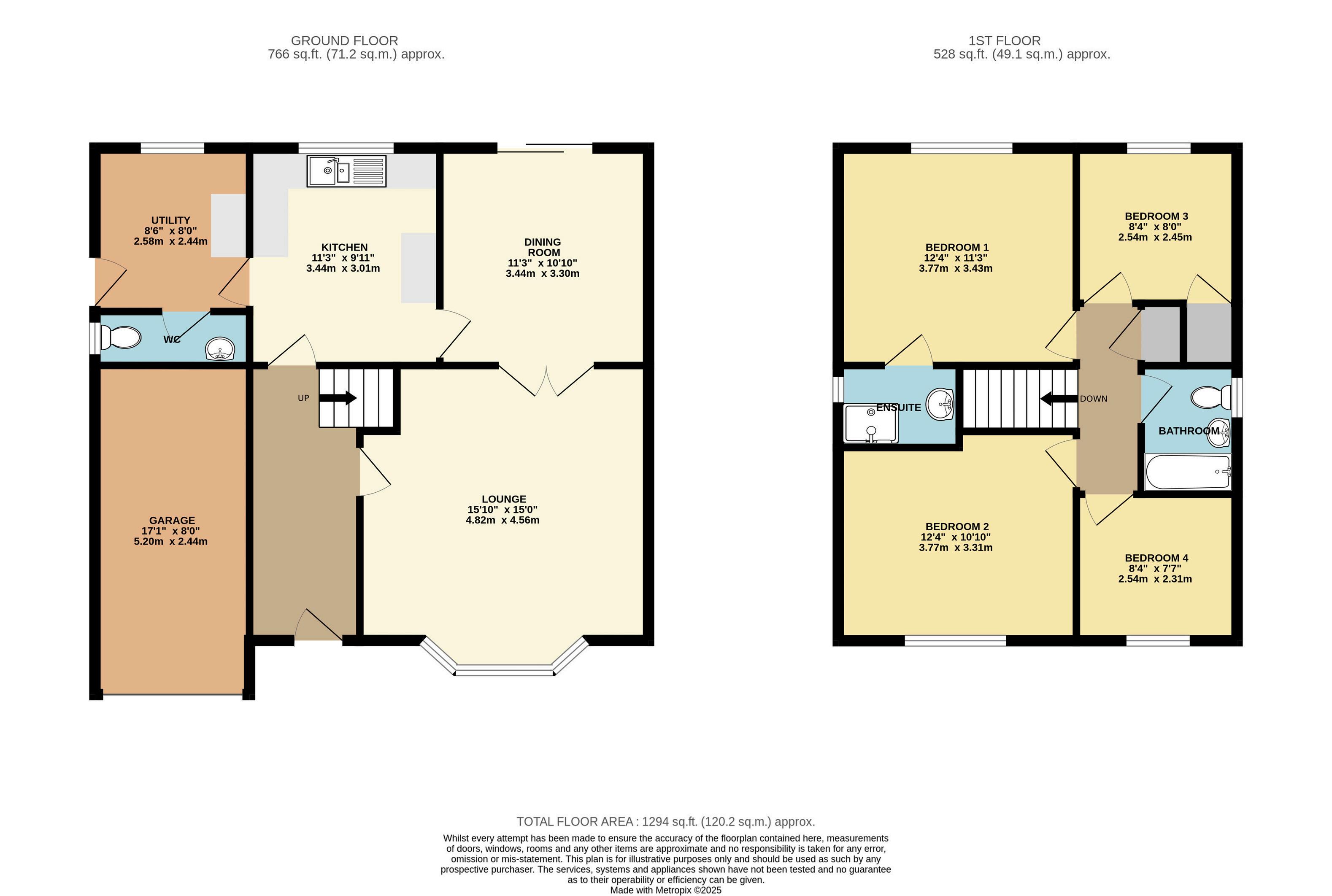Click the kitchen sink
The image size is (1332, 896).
[347, 171]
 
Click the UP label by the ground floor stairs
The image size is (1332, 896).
[303, 398]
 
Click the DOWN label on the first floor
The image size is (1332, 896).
[1094, 399]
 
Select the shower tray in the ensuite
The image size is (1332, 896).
[871, 424]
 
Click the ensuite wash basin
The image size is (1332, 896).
[940, 404]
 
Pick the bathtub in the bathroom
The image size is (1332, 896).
[1188, 472]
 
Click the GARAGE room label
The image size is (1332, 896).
[172, 521]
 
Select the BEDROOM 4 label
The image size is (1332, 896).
[1156, 558]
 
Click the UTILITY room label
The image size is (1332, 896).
[170, 221]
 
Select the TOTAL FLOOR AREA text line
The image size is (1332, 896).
[666, 822]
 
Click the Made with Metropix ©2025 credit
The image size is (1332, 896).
[666, 890]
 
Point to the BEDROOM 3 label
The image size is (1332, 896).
[1156, 216]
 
